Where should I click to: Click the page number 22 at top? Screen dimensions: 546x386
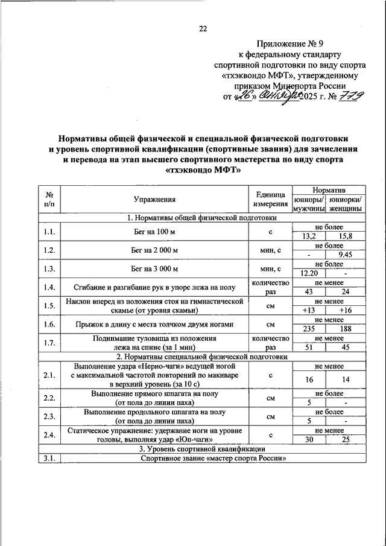point(203,29)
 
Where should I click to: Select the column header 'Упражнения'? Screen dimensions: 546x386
point(155,199)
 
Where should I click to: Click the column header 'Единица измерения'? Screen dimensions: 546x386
point(271,199)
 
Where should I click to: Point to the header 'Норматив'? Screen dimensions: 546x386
point(329,190)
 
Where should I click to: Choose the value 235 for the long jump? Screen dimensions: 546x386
point(309,329)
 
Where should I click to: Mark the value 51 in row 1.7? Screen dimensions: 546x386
point(309,347)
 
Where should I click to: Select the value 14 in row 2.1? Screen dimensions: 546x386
point(346,379)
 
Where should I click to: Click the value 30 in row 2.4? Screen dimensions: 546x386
point(309,440)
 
